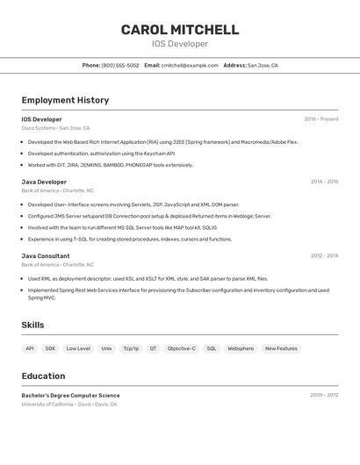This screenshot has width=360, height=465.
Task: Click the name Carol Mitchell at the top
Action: pos(180,29)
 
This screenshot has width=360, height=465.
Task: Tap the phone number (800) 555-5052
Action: pos(120,65)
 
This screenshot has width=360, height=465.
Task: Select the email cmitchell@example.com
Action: pos(190,65)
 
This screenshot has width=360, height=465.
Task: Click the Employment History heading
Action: pos(65,100)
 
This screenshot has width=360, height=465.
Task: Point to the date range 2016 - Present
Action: pos(321,119)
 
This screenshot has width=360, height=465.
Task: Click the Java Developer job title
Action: pos(44,182)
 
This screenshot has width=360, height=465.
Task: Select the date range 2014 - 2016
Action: pos(324,182)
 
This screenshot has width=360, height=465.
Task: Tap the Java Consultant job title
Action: pos(46,256)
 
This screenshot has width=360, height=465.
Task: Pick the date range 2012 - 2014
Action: pos(324,256)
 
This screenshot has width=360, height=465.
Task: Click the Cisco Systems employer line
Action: pos(55,128)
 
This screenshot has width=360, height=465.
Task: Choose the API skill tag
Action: pos(30,348)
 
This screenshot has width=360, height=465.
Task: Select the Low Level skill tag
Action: pos(78,348)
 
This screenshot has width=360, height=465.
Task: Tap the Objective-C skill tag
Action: pos(182,348)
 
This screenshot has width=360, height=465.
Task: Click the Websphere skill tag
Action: pos(241,348)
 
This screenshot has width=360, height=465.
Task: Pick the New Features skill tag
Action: pos(281,348)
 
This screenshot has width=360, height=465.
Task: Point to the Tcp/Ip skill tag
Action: pos(131,348)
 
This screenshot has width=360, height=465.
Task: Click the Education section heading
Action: pos(43,376)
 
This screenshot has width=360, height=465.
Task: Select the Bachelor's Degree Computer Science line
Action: pos(71,396)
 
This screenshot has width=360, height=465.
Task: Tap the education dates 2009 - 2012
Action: pos(324,396)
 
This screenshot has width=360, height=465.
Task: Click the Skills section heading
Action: pos(33,325)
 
